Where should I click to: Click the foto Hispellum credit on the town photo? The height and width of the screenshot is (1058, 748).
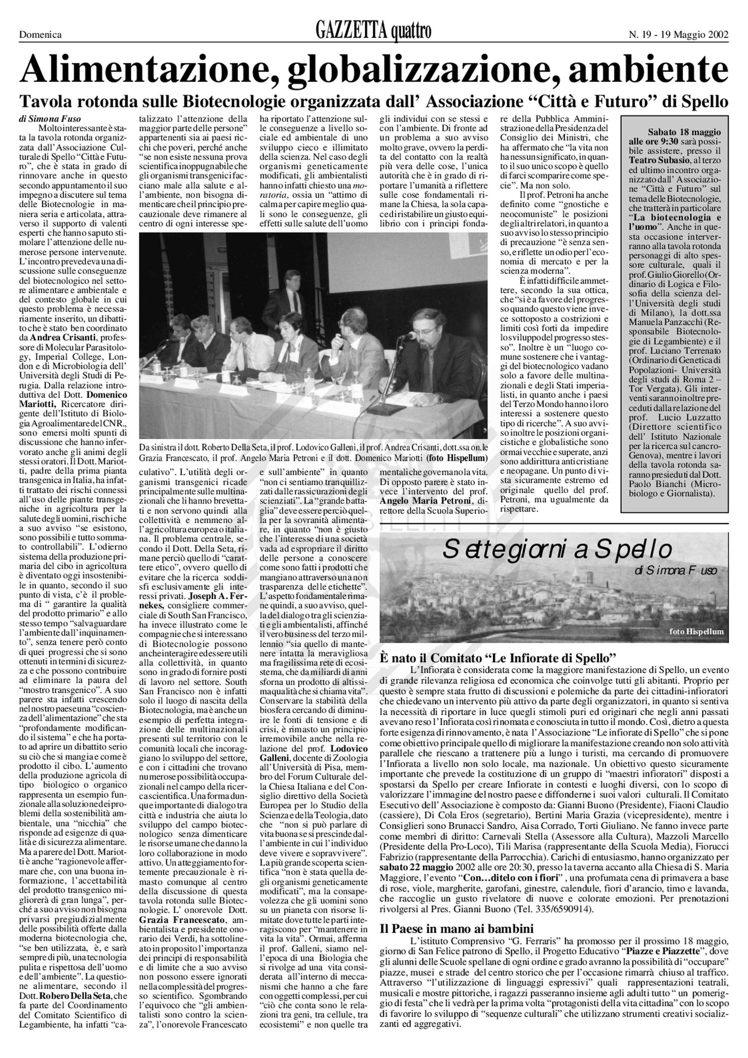point(697,631)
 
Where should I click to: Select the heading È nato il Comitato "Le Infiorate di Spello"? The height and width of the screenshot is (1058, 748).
point(498,657)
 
